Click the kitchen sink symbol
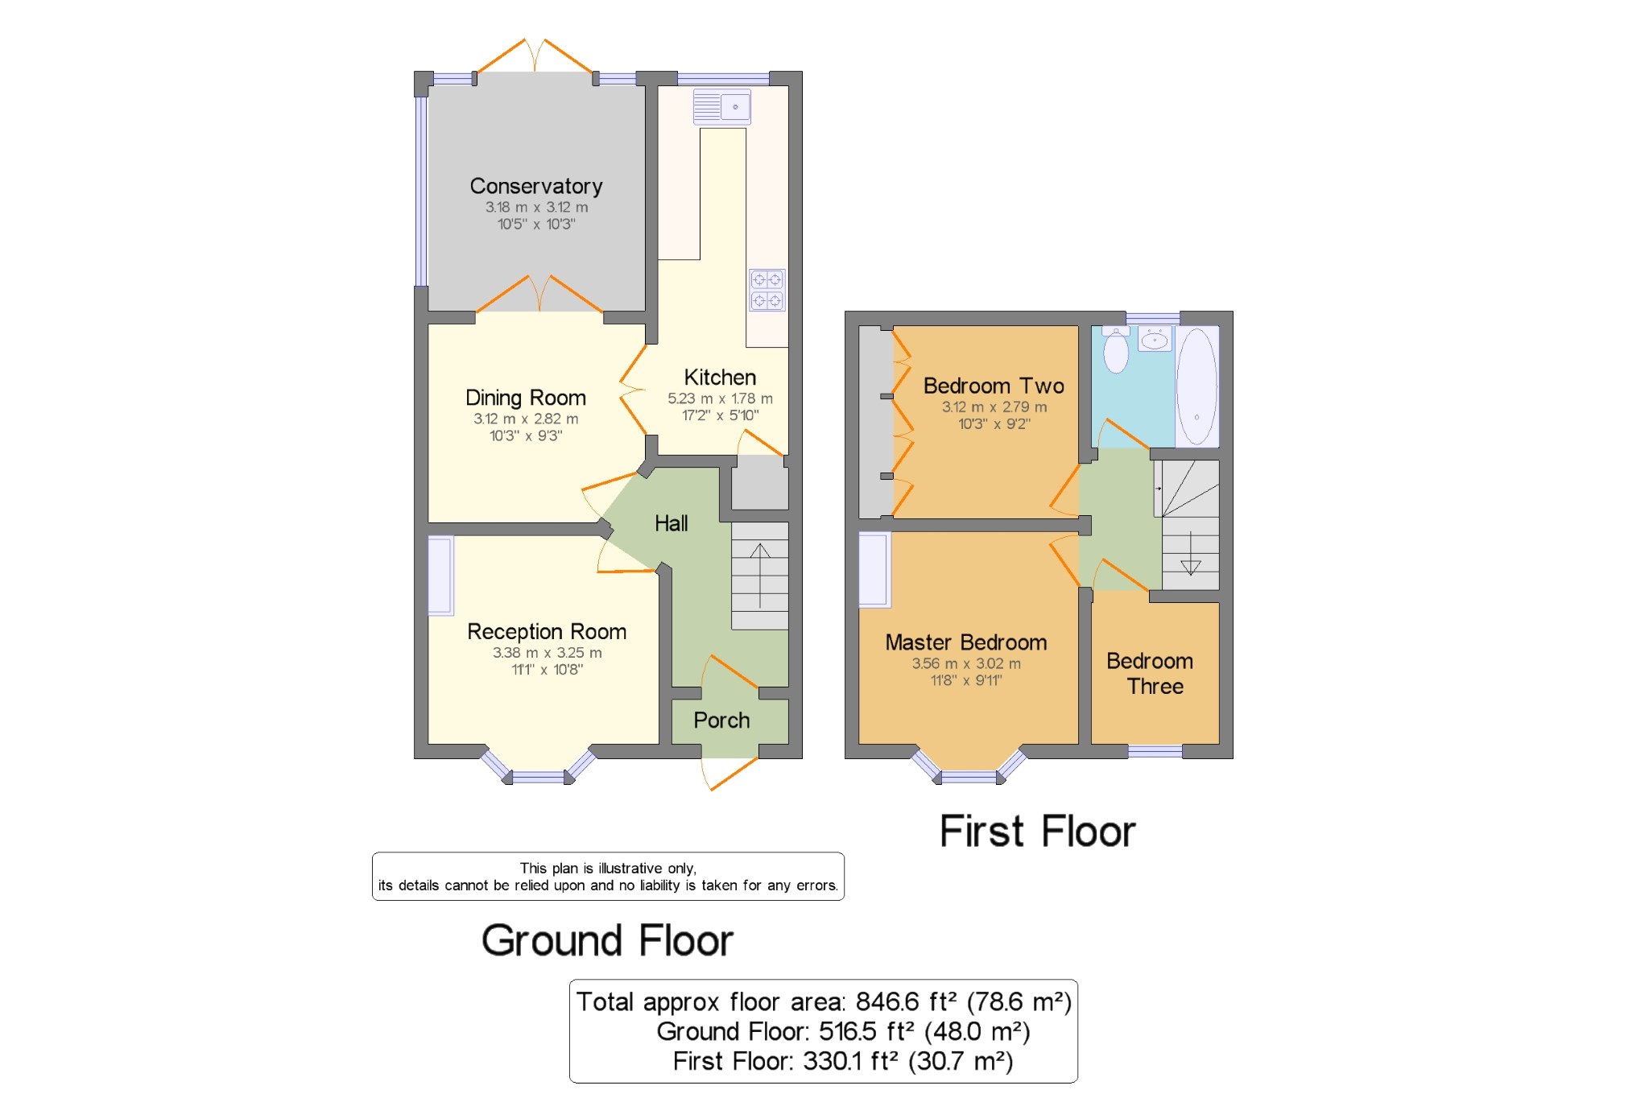pyautogui.click(x=722, y=106)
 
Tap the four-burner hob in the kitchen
pyautogui.click(x=767, y=290)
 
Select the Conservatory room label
pyautogui.click(x=536, y=186)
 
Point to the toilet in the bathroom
pyautogui.click(x=1116, y=351)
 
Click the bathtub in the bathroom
pyautogui.click(x=1196, y=386)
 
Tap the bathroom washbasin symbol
pyautogui.click(x=1155, y=340)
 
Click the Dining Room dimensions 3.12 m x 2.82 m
pyautogui.click(x=526, y=419)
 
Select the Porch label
pyautogui.click(x=721, y=720)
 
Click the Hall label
pyautogui.click(x=671, y=523)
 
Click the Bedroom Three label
pyautogui.click(x=1151, y=674)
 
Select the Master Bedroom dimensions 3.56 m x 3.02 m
pyautogui.click(x=966, y=663)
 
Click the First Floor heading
pyautogui.click(x=1037, y=832)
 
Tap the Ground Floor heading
pyautogui.click(x=607, y=940)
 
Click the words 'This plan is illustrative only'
pyautogui.click(x=608, y=868)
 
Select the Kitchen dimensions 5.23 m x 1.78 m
pyautogui.click(x=720, y=398)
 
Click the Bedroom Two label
pyautogui.click(x=994, y=386)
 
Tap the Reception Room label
pyautogui.click(x=547, y=631)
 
